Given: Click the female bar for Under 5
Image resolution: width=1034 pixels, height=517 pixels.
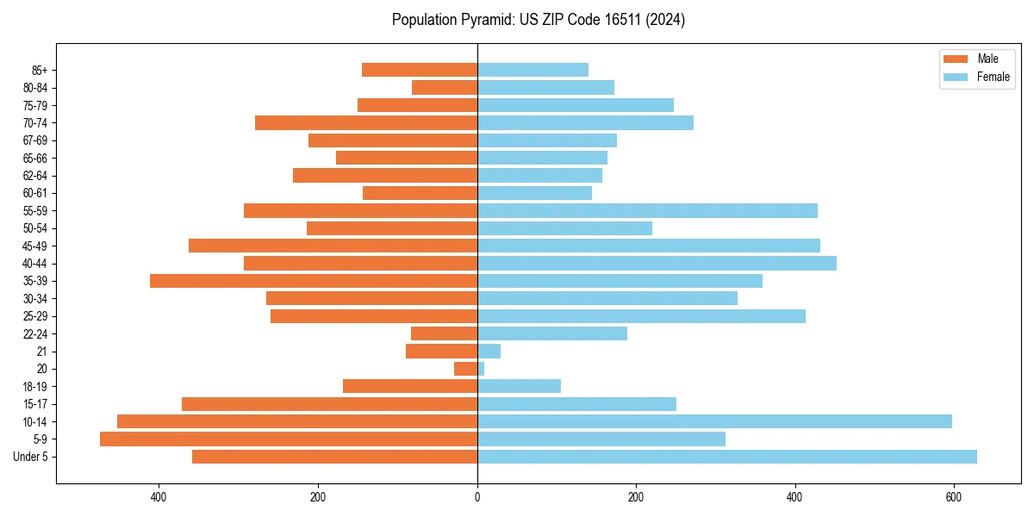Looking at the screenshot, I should (x=726, y=457).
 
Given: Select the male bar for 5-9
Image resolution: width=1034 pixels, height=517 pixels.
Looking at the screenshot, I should (x=289, y=439).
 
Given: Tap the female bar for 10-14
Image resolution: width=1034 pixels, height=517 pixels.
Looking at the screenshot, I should (x=714, y=421).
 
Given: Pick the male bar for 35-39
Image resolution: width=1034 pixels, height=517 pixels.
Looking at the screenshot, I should (x=314, y=281).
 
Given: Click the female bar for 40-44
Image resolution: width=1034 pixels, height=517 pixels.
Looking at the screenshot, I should (x=657, y=264).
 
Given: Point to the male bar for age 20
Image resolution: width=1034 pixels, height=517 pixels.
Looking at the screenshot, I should (x=466, y=369).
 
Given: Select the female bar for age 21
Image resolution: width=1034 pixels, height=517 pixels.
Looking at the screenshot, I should (x=489, y=352).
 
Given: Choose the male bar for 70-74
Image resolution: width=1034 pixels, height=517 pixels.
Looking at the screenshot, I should (x=366, y=123).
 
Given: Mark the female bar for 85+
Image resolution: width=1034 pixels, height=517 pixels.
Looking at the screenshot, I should (x=533, y=70).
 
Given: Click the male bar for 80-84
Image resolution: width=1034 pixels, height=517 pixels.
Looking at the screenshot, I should (x=445, y=88).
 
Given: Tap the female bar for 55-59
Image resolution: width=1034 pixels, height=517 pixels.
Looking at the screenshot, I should (x=647, y=211).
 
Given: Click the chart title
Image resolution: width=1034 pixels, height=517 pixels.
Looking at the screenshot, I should (x=539, y=20).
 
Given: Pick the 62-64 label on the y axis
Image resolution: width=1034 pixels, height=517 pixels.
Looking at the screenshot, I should (x=35, y=176).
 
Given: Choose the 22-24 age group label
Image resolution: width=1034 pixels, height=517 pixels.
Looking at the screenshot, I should (x=35, y=334).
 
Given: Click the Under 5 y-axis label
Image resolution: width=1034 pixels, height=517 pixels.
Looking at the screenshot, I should (x=31, y=457).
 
